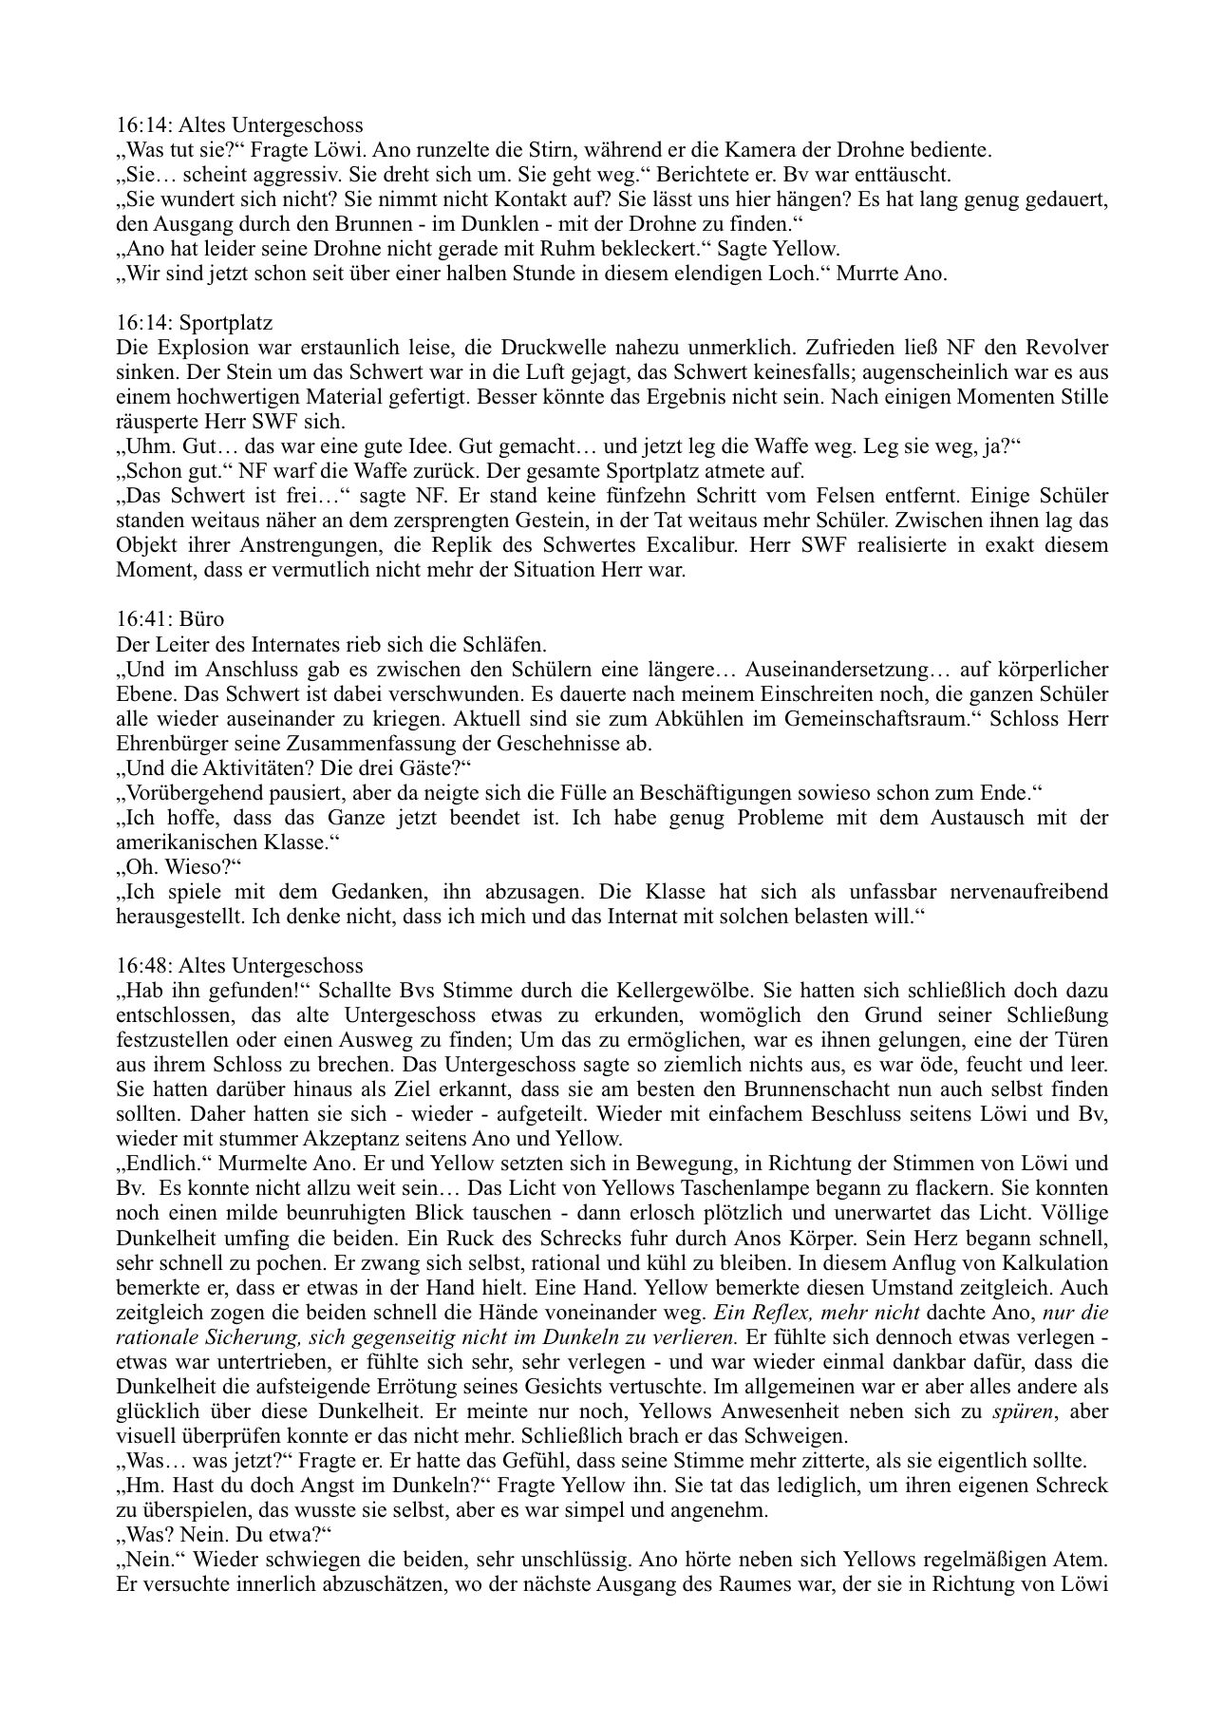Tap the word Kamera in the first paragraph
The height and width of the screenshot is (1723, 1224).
tap(829, 150)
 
